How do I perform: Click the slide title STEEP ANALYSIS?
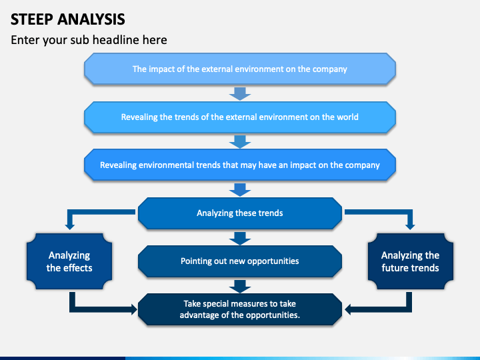point(67,18)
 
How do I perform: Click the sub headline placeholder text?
point(89,40)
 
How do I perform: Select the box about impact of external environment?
point(239,69)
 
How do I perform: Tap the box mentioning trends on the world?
point(239,117)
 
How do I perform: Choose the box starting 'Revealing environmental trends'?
point(239,165)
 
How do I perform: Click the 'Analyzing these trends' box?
point(239,213)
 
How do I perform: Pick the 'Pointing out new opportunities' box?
point(239,261)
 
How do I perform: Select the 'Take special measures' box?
point(239,309)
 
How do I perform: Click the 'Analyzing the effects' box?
point(69,261)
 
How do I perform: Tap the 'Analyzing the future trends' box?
point(410,261)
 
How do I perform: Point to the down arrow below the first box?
point(239,93)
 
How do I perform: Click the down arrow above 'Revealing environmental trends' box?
point(239,141)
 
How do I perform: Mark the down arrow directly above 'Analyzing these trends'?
point(239,189)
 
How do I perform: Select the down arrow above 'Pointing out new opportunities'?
point(239,238)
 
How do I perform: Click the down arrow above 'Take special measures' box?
point(239,286)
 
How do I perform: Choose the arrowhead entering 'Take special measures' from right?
point(349,309)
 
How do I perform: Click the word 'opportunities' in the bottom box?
point(273,315)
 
